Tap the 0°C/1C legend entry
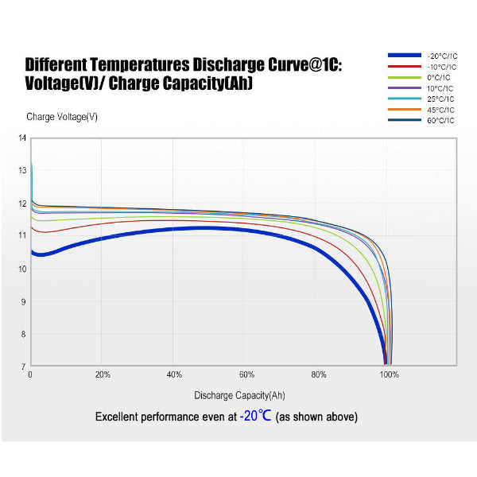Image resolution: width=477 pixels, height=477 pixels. [440, 77]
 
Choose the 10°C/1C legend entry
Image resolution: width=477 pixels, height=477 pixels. [440, 87]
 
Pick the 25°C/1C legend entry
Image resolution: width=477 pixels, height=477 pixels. [440, 99]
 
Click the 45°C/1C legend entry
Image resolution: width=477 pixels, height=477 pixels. [440, 109]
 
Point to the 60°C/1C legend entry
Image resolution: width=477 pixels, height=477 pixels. [440, 120]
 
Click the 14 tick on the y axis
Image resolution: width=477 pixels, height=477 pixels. [22, 138]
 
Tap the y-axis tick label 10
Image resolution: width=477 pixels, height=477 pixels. [22, 269]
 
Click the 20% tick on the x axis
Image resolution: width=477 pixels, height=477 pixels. [103, 374]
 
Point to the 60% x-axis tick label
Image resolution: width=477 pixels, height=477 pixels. [246, 374]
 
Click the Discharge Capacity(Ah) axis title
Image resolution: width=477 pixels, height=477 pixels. [239, 395]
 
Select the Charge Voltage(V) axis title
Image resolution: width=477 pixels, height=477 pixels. [62, 117]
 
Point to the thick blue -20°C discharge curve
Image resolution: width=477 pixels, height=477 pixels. [199, 228]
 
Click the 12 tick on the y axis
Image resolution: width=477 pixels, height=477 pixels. [22, 204]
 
